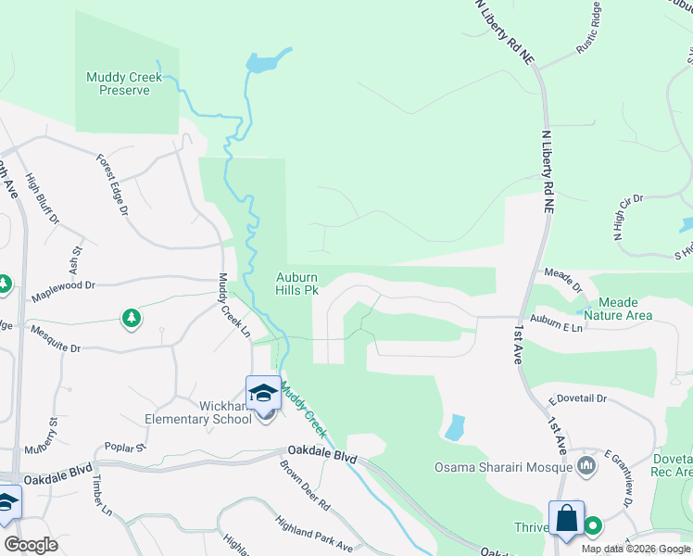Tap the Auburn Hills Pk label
tap(297, 284)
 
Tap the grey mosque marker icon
tap(586, 464)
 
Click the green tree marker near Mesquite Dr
tap(132, 319)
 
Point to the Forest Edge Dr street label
tap(111, 184)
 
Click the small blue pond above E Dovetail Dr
tap(454, 427)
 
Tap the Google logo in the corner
tap(31, 545)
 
